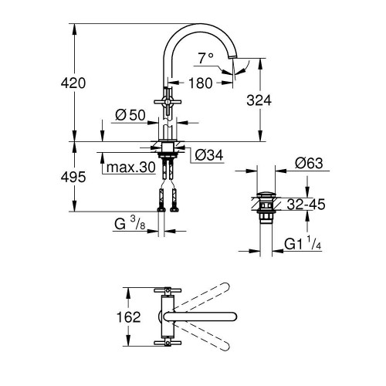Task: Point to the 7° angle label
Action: [x=205, y=58]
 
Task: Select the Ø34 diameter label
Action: [x=208, y=155]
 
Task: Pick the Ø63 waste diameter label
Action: [x=310, y=162]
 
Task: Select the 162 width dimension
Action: [x=110, y=317]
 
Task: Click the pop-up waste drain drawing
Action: [x=265, y=202]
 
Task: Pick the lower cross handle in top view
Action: [x=166, y=343]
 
